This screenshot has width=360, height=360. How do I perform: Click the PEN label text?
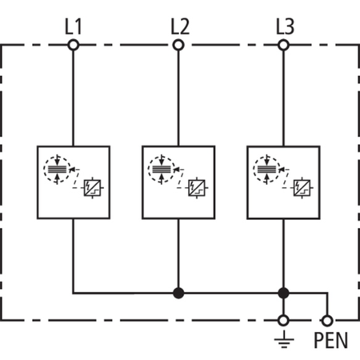(330, 341)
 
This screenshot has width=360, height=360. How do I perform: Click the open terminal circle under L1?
(74, 46)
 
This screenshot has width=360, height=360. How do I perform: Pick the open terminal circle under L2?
(178, 46)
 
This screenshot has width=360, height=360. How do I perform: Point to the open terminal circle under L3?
(283, 46)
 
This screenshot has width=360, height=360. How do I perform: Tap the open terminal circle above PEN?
(326, 320)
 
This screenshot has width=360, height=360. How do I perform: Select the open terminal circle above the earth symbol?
(283, 320)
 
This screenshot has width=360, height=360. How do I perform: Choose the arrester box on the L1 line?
(74, 182)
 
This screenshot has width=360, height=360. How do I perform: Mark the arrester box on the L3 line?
(283, 182)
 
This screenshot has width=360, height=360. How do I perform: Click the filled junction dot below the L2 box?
(178, 293)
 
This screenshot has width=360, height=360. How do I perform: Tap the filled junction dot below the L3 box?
(283, 293)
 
